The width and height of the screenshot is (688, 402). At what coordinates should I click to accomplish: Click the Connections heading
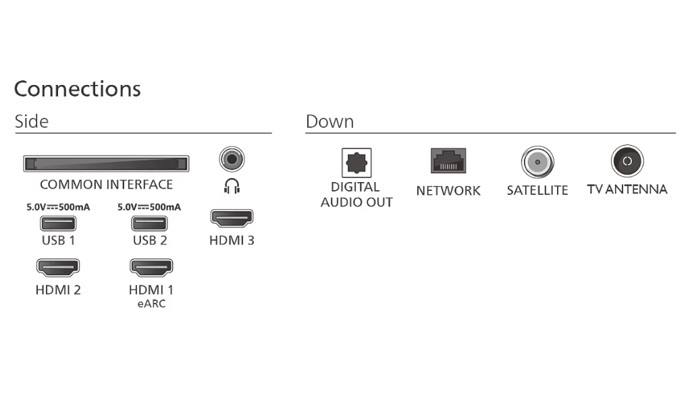click(x=77, y=89)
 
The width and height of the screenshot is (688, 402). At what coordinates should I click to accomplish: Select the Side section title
click(x=31, y=121)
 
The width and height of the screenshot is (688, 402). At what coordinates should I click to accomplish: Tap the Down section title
click(x=329, y=121)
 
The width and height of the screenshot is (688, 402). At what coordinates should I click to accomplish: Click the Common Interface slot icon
click(x=106, y=163)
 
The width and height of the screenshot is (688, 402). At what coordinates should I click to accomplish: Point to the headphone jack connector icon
click(x=232, y=159)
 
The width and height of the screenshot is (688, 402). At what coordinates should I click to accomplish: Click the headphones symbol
click(x=232, y=186)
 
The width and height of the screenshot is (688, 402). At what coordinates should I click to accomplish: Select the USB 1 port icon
click(x=58, y=223)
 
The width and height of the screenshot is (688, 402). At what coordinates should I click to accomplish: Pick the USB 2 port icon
click(x=149, y=223)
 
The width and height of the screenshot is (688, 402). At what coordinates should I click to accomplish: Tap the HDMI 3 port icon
click(x=232, y=218)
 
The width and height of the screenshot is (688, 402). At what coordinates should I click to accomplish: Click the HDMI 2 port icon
click(x=58, y=267)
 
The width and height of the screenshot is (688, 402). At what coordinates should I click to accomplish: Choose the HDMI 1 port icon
click(x=151, y=267)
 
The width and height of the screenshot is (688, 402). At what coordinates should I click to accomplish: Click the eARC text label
click(x=151, y=304)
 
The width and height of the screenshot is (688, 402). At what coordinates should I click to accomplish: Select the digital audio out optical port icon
click(x=356, y=163)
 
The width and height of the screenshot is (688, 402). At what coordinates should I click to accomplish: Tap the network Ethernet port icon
click(x=448, y=161)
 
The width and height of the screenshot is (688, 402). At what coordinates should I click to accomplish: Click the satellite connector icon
click(x=537, y=162)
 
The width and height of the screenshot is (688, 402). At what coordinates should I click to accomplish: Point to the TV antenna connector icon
click(x=627, y=161)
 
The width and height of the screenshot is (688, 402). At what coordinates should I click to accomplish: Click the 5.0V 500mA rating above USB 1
click(x=58, y=207)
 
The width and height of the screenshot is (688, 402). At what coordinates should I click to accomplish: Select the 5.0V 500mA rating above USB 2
click(x=149, y=207)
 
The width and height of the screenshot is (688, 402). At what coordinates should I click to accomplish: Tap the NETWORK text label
click(x=448, y=191)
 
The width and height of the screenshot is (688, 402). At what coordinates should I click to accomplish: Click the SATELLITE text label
click(x=537, y=190)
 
